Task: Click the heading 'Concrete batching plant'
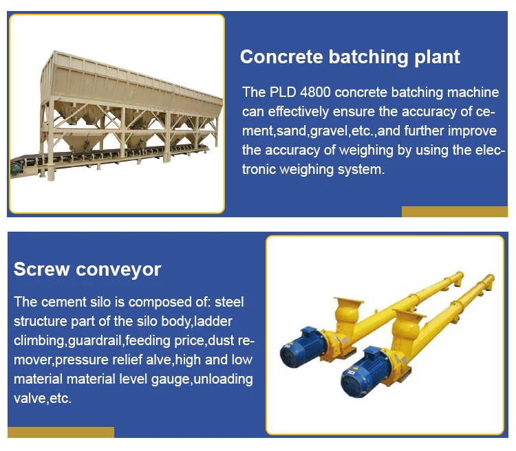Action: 350,57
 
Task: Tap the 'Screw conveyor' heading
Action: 87,269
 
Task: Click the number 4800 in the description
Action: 315,92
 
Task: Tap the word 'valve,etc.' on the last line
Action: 43,398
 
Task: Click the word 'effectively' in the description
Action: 298,111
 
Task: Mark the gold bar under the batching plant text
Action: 455,212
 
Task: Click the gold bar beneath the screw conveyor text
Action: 61,432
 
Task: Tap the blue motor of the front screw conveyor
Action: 364,373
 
